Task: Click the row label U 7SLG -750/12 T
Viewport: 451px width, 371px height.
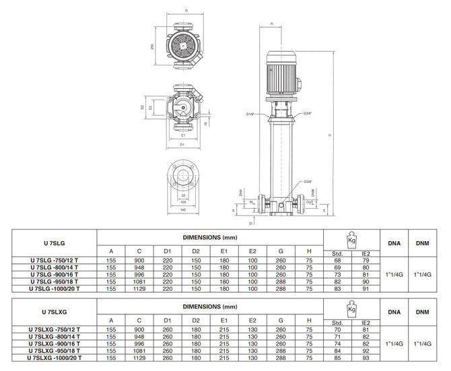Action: tap(55, 259)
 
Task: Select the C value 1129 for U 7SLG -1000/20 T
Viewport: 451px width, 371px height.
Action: tap(138, 288)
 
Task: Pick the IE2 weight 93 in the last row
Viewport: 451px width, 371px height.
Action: tap(364, 358)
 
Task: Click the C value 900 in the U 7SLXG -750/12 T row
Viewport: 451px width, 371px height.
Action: tap(138, 329)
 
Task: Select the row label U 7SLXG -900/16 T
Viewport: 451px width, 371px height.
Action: tap(56, 343)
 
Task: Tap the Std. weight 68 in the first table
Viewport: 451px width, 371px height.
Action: tap(338, 259)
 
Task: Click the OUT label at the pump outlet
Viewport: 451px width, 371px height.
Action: tap(309, 201)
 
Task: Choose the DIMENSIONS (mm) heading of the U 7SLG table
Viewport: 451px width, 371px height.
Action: tap(210, 237)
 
